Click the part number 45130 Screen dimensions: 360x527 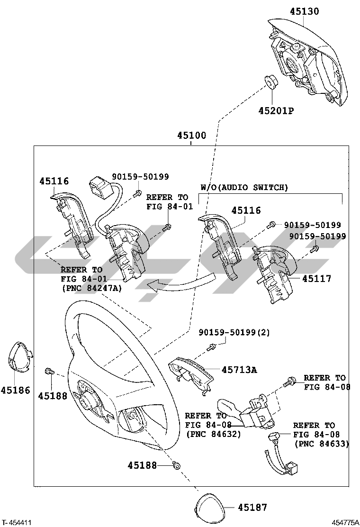[x=304, y=11]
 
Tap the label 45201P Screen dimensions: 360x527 [x=276, y=110]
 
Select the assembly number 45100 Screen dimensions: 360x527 [x=192, y=136]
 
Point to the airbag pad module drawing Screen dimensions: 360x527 [x=307, y=62]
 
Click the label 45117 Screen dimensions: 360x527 [x=317, y=278]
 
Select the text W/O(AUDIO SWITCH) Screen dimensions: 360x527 [x=244, y=188]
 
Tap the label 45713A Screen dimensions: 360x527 [x=239, y=370]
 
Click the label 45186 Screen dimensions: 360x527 [x=16, y=390]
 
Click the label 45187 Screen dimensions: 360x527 [x=252, y=507]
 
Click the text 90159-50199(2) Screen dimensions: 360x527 [x=234, y=332]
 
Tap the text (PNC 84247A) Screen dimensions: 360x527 [x=92, y=288]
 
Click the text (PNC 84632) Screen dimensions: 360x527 [x=214, y=434]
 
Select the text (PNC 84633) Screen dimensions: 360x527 [x=322, y=444]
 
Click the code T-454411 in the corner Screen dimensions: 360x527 [x=17, y=522]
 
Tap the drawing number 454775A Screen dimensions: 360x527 [x=345, y=522]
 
